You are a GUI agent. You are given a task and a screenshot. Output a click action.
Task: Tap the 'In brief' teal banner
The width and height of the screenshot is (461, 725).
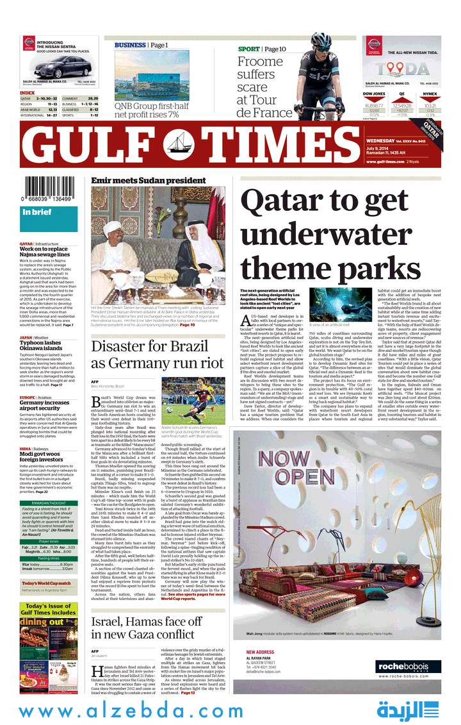pos(48,212)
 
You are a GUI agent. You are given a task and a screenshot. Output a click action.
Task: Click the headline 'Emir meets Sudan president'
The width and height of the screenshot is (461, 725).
pos(148,181)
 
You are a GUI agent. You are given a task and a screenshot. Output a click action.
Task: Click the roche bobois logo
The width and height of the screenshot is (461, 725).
pos(408,667)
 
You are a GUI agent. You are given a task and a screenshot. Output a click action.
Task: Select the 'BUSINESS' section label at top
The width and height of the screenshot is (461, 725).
pos(131,46)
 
